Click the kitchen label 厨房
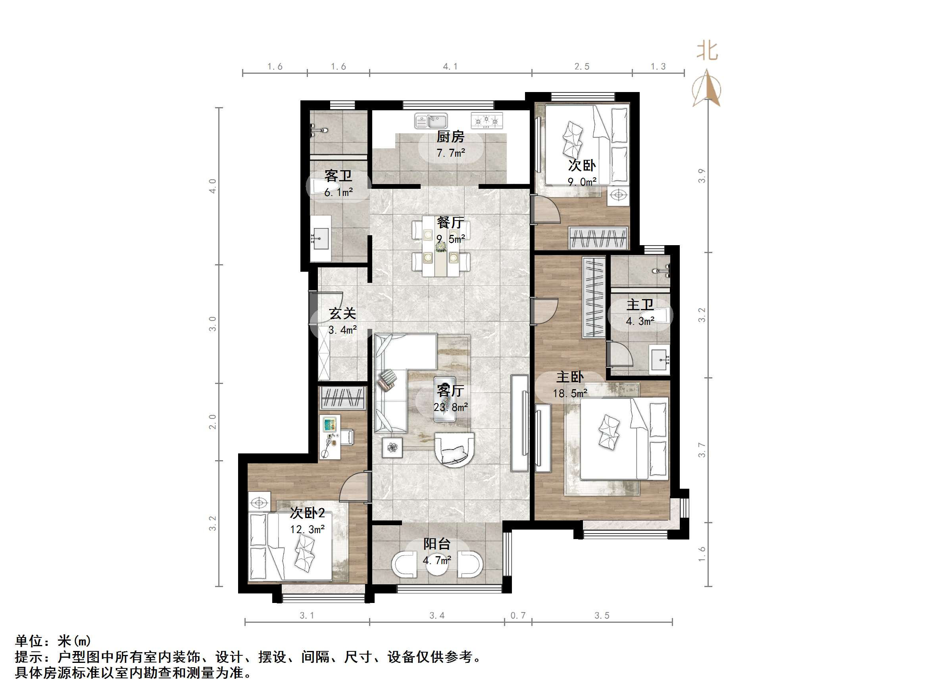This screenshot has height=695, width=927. click(450, 136)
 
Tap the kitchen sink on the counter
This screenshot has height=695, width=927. click(431, 121)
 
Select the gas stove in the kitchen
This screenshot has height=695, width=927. click(487, 121)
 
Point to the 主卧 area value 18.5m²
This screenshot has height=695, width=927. click(569, 394)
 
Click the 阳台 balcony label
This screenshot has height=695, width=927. click(437, 544)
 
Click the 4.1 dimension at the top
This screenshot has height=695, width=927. click(450, 66)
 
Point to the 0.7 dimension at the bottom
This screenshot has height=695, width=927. click(517, 615)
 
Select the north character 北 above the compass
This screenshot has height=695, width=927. click(707, 52)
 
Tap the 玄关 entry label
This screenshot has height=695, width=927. click(342, 313)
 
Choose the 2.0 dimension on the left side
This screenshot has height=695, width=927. click(212, 421)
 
